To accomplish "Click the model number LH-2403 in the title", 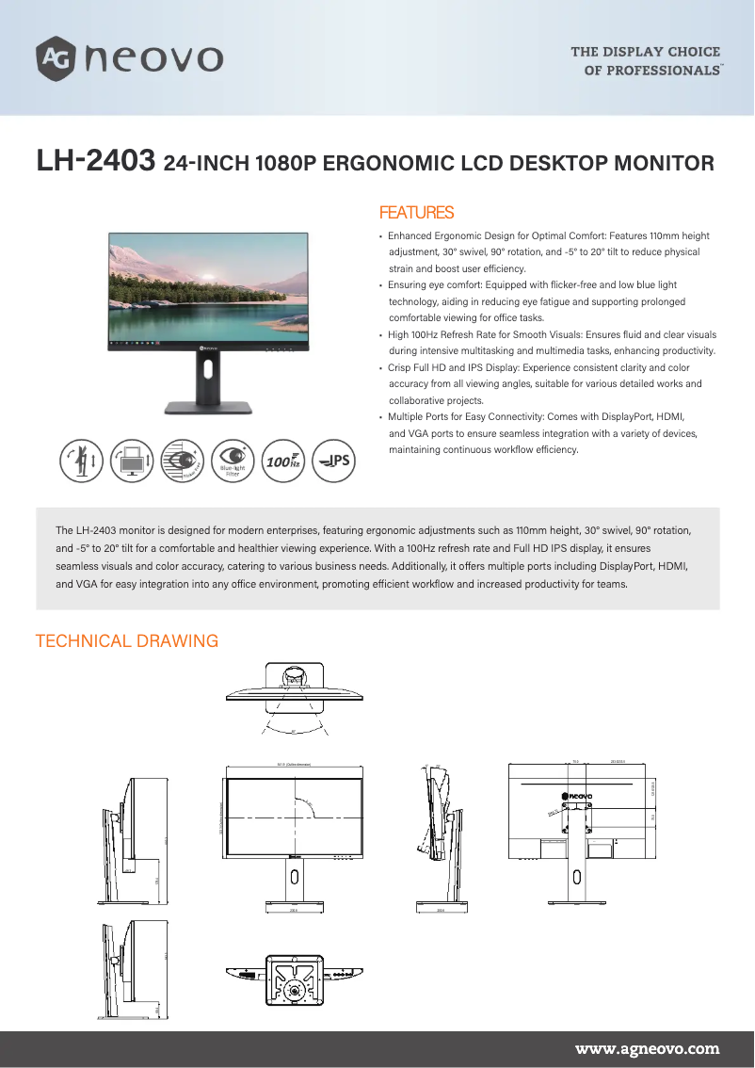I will [94, 161].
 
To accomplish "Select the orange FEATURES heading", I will [415, 213].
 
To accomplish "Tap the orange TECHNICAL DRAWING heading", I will [126, 641].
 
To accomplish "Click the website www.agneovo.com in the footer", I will [647, 1048].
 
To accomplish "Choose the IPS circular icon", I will [333, 461].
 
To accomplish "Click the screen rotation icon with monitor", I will [132, 461].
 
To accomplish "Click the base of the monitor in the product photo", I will [208, 408].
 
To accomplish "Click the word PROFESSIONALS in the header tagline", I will [664, 71].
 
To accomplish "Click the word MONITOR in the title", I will [664, 163].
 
